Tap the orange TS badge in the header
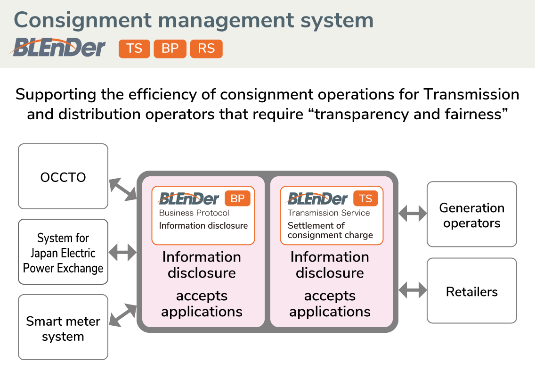click(x=134, y=49)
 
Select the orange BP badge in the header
click(x=170, y=49)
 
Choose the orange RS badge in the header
click(x=206, y=49)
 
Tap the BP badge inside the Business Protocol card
click(x=237, y=198)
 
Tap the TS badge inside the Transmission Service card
click(x=365, y=198)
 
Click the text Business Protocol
click(x=194, y=213)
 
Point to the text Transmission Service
click(x=329, y=213)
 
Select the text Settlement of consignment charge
click(x=330, y=230)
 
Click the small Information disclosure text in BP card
click(x=203, y=226)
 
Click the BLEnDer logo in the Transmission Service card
click(x=317, y=198)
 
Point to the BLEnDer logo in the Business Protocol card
click(x=189, y=198)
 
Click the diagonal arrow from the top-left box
click(x=123, y=189)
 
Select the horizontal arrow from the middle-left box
click(x=122, y=253)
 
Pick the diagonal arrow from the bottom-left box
click(x=123, y=315)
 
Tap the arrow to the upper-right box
click(x=413, y=214)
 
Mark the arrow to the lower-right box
click(x=413, y=290)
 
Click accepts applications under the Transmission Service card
click(x=330, y=304)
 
